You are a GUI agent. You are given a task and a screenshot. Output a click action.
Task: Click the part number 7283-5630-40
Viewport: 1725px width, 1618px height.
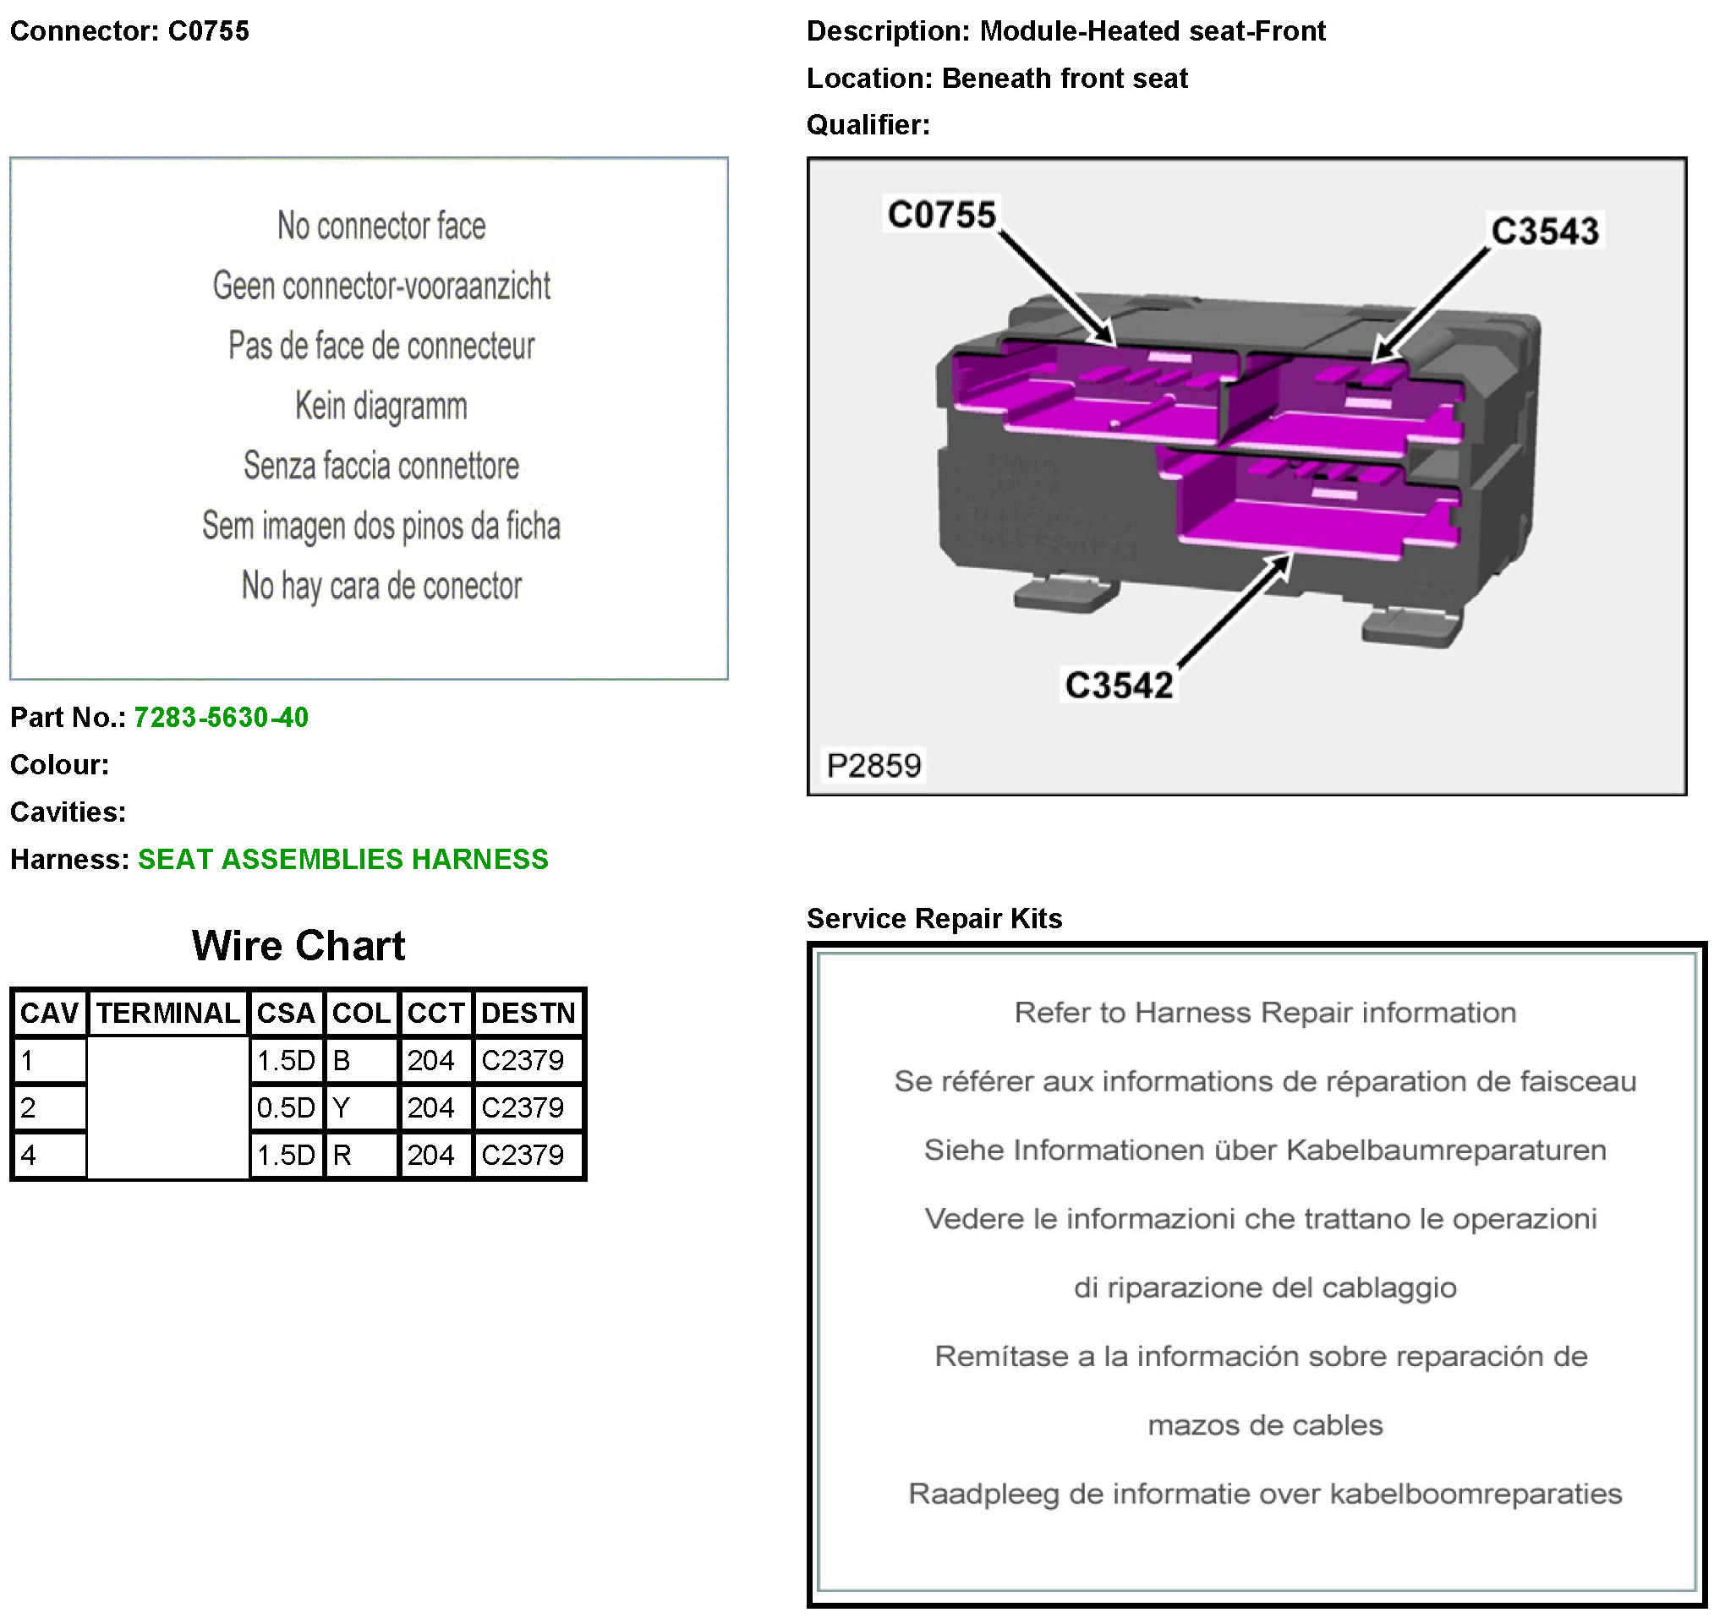(221, 718)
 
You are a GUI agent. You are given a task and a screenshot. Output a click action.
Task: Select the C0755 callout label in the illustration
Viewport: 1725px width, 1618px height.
(941, 214)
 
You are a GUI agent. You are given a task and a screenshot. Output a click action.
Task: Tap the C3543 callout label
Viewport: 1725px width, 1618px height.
(1545, 231)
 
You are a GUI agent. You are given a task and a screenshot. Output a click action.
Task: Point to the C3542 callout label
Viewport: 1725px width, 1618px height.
(1119, 686)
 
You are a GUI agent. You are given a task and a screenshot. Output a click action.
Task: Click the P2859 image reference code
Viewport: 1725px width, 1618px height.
(873, 765)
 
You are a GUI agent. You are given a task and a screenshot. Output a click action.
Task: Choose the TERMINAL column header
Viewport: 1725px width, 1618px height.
(167, 1013)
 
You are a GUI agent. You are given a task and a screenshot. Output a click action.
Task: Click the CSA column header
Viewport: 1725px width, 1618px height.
(286, 1013)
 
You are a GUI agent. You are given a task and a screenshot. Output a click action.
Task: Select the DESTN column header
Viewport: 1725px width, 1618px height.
(528, 1013)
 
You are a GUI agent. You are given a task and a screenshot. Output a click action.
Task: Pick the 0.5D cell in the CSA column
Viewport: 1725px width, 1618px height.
(286, 1108)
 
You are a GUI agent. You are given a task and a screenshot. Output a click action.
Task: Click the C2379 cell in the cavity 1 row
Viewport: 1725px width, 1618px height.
(523, 1060)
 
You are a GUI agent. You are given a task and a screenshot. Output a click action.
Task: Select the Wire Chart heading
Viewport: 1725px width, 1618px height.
(298, 945)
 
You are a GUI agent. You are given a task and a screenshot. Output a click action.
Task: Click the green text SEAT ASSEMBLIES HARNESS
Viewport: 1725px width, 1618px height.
(342, 859)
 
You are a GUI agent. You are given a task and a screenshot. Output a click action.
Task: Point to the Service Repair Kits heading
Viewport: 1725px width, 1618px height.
(934, 918)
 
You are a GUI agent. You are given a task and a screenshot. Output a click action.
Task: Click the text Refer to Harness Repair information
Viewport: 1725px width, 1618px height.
(1264, 1013)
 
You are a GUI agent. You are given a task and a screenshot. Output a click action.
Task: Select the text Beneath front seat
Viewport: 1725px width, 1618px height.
(1064, 78)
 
